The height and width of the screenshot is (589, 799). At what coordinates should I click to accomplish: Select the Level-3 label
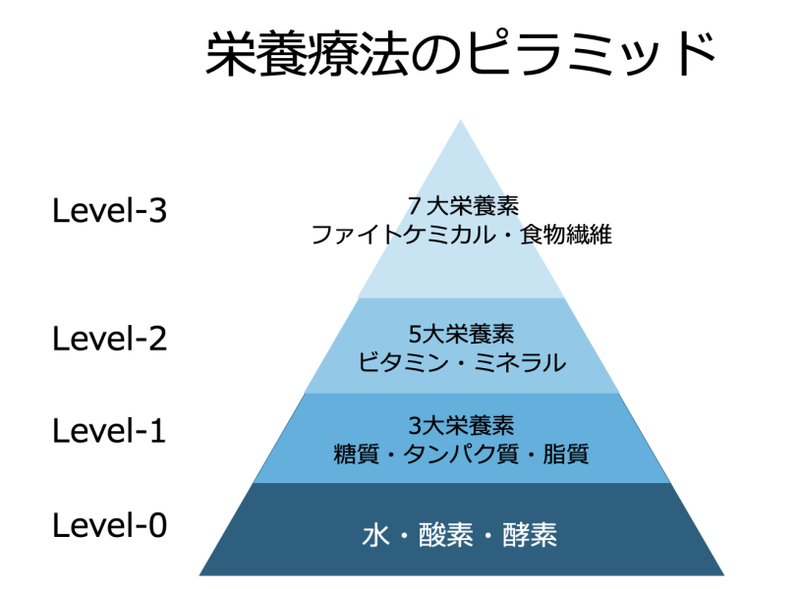tap(110, 211)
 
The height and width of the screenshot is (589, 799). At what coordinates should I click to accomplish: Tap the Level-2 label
tap(110, 339)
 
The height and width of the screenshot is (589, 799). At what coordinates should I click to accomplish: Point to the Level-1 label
tap(110, 430)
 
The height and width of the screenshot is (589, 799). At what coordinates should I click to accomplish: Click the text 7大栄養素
tap(461, 205)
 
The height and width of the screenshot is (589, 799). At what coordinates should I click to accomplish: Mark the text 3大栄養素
tap(461, 425)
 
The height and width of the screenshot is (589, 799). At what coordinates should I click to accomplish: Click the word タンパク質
tap(461, 455)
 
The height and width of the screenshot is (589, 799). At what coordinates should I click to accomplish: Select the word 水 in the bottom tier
tap(373, 536)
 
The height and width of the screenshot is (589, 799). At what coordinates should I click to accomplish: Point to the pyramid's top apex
tap(460, 122)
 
